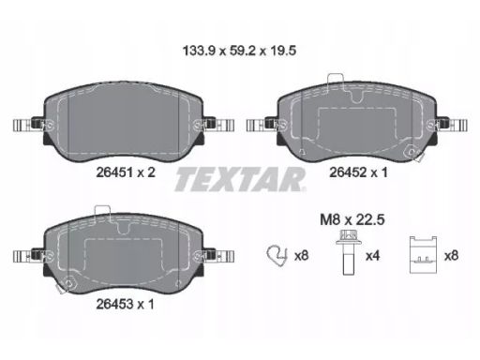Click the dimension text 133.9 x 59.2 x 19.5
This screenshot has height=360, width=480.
(239, 51)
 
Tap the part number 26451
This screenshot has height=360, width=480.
(114, 172)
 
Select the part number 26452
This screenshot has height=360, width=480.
(348, 172)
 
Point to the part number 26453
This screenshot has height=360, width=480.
(114, 304)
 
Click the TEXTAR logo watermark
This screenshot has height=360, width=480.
(240, 179)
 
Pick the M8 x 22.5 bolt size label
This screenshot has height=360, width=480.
(352, 220)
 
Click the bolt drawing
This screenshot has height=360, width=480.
(348, 252)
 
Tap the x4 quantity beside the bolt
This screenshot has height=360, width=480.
(372, 256)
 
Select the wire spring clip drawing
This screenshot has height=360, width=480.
(277, 254)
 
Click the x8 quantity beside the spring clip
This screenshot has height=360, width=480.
(301, 256)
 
